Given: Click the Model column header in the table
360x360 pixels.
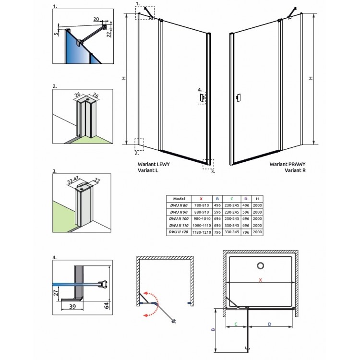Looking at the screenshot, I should [179, 198].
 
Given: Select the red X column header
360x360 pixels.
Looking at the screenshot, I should [201, 198].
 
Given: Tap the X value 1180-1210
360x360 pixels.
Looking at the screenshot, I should [201, 232].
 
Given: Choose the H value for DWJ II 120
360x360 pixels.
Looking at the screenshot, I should [257, 232].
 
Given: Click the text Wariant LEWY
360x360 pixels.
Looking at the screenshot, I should [153, 164].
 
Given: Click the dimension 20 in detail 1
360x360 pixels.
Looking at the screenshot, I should [96, 19].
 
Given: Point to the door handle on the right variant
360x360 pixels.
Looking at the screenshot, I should [239, 98].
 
